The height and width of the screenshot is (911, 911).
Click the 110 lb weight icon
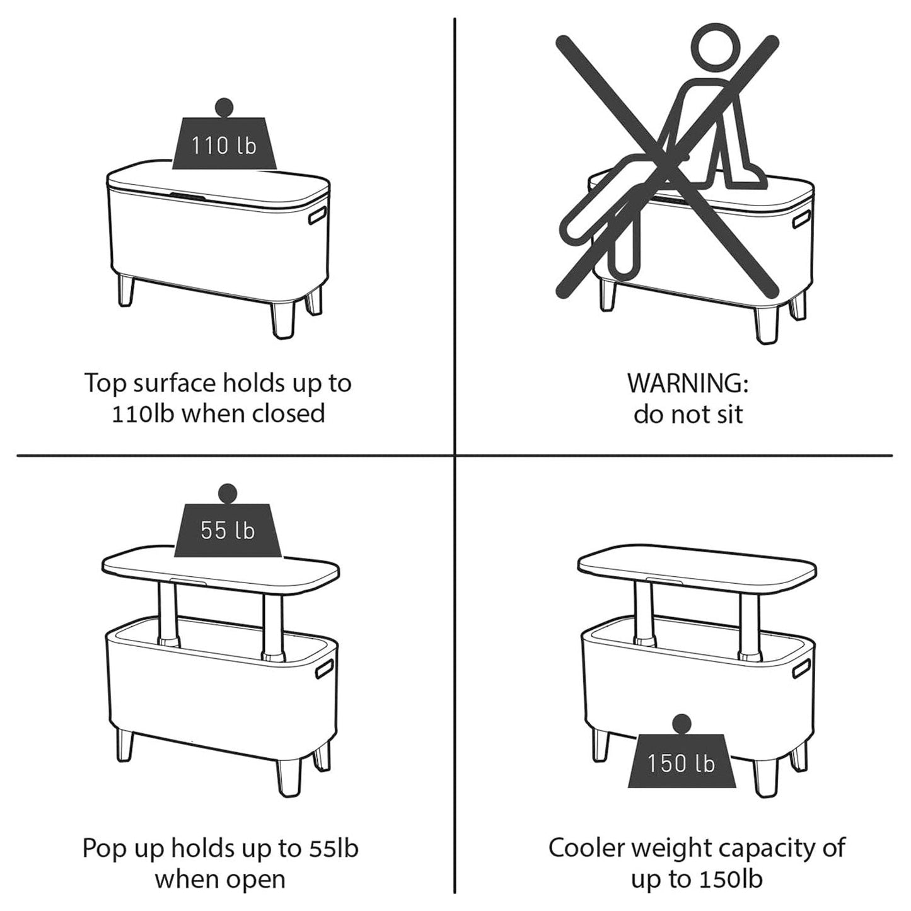224,137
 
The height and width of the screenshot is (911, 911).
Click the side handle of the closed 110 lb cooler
318,214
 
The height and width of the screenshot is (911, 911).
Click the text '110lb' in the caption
142,414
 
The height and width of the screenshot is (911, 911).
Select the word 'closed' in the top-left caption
288,414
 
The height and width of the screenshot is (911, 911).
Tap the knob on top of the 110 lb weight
224,107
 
